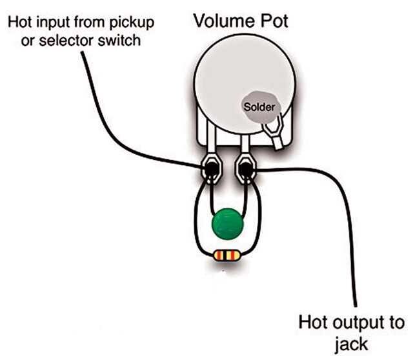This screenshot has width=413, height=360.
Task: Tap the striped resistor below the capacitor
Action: (x=227, y=256)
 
